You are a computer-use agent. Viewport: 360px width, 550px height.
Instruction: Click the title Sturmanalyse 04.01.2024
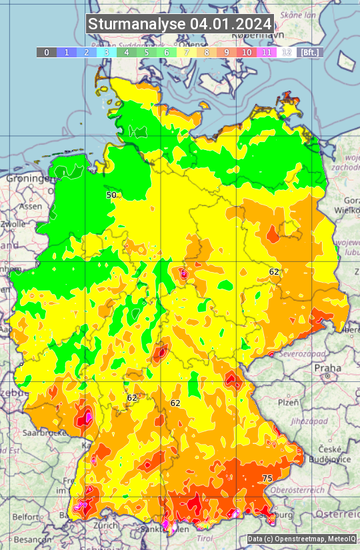(180, 24)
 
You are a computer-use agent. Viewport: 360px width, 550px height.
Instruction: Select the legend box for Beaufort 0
(46, 52)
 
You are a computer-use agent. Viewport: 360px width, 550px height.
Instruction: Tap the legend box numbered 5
(147, 52)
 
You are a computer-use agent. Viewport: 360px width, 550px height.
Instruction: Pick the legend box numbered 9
(227, 52)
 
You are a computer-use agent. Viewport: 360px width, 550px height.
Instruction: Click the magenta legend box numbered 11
(267, 52)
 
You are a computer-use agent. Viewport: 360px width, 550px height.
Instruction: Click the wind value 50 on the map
(111, 195)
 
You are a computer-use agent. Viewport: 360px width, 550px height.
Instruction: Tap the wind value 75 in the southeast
(267, 479)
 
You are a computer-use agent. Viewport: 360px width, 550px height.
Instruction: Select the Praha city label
(327, 368)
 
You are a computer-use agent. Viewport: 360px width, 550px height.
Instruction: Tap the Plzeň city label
(288, 402)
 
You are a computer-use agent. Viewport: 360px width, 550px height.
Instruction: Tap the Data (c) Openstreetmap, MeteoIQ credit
(301, 539)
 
